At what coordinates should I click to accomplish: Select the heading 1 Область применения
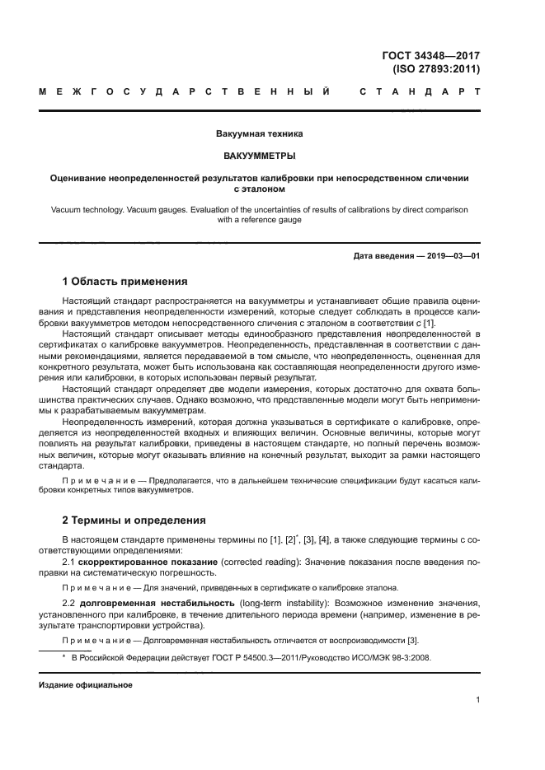(125, 281)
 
